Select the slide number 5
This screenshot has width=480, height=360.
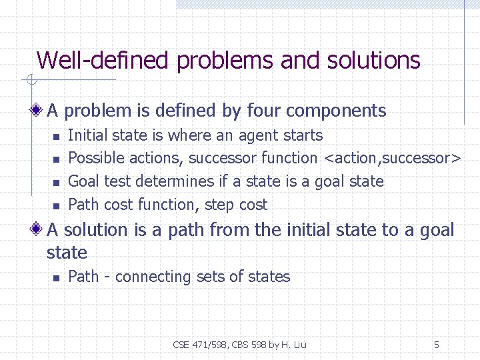pos(437,345)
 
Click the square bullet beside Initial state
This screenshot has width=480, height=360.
pos(56,137)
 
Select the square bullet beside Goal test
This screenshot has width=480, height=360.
pos(56,183)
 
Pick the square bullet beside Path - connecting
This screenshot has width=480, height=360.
pos(56,278)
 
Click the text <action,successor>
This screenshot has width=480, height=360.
pos(392,159)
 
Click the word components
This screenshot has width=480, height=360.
pos(337,111)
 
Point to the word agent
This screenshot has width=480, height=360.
pos(257,136)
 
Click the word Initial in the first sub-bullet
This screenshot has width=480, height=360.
pos(88,135)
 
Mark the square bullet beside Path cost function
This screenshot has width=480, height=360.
pos(56,206)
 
